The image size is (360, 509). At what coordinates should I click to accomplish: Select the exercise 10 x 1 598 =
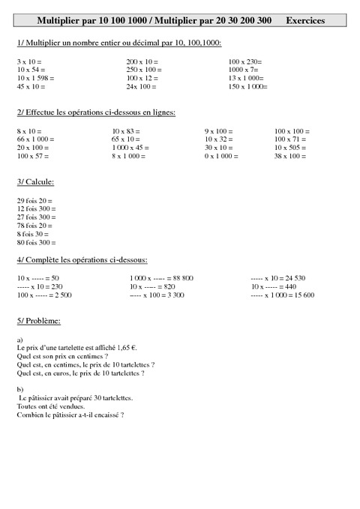click(x=35, y=78)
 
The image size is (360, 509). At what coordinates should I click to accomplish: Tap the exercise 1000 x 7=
click(x=243, y=69)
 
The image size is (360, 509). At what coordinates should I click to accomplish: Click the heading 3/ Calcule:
click(x=35, y=182)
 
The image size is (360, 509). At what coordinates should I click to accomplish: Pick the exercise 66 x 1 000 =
click(x=35, y=139)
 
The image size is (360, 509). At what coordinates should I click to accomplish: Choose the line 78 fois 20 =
click(x=35, y=226)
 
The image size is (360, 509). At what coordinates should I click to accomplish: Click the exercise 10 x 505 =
click(x=292, y=148)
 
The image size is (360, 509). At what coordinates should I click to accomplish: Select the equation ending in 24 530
click(x=282, y=278)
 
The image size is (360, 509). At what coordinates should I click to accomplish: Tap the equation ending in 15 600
click(x=282, y=295)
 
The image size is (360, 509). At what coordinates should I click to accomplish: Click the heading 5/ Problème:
click(x=38, y=321)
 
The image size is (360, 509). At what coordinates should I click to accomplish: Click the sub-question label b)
click(x=19, y=389)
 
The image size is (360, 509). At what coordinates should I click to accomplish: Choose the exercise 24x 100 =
click(x=141, y=86)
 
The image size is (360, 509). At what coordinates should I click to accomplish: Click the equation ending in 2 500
click(x=43, y=295)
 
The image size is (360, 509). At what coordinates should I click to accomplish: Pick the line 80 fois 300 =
click(x=36, y=243)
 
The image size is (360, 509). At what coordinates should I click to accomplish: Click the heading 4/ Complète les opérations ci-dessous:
click(x=82, y=260)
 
